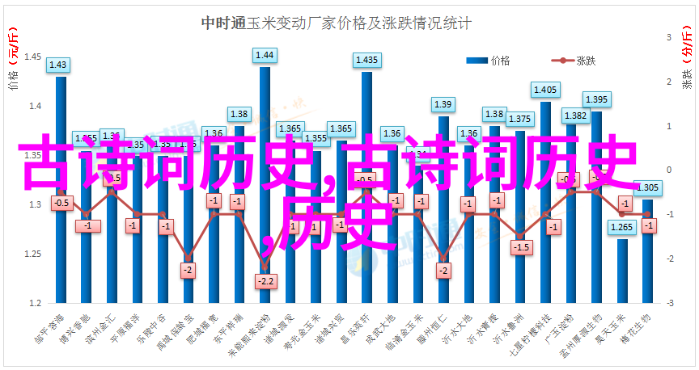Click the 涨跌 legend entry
586,61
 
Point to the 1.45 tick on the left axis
34,57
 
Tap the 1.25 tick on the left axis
34,254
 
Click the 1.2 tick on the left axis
36,303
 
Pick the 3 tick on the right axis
670,37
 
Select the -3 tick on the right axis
669,303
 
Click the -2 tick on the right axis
669,259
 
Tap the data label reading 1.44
265,56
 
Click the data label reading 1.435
366,60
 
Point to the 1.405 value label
545,90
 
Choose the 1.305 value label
648,187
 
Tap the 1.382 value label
575,116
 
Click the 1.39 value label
443,104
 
